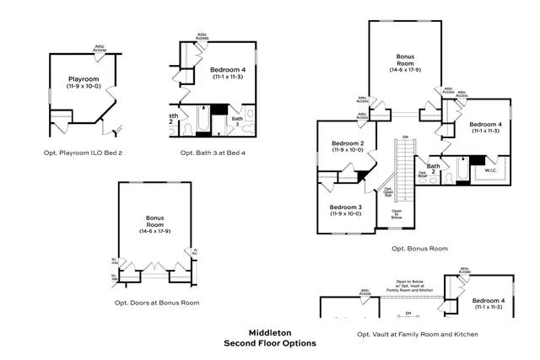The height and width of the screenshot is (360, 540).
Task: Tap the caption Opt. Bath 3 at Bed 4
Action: click(213, 153)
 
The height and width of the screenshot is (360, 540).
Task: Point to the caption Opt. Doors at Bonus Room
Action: click(156, 302)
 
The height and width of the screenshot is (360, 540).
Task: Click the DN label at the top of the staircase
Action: click(405, 137)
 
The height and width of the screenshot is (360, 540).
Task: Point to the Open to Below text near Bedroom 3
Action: click(397, 215)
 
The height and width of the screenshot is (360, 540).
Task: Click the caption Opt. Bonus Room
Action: click(419, 249)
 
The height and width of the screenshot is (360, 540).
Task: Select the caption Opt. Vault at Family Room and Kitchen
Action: click(418, 335)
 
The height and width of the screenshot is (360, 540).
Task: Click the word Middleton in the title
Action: click(269, 333)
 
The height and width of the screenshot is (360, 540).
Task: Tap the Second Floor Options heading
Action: click(269, 343)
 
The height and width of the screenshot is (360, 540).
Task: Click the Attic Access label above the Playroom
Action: click(100, 49)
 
